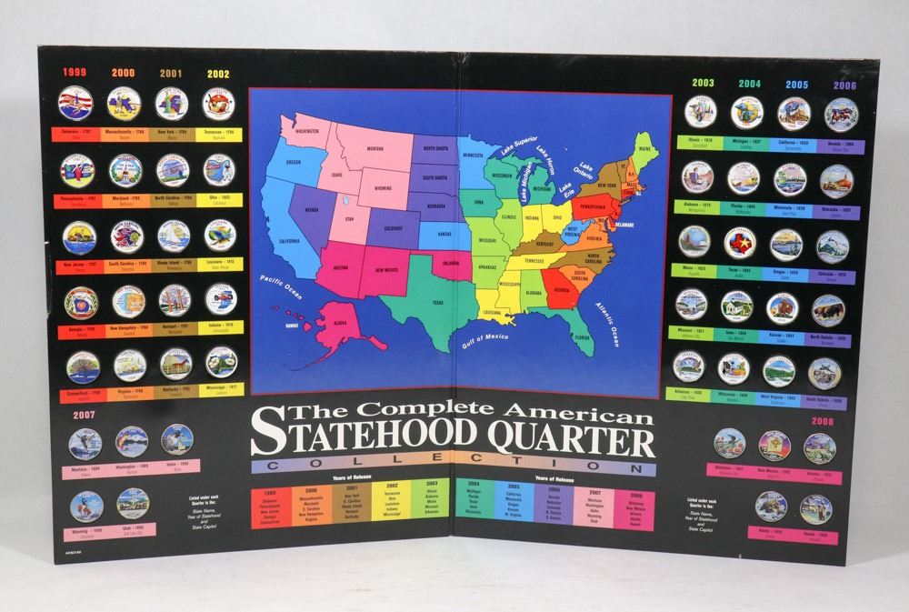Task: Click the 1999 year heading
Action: pyautogui.click(x=75, y=73)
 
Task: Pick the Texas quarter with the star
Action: pyautogui.click(x=740, y=243)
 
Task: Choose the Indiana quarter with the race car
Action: pyautogui.click(x=219, y=299)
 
